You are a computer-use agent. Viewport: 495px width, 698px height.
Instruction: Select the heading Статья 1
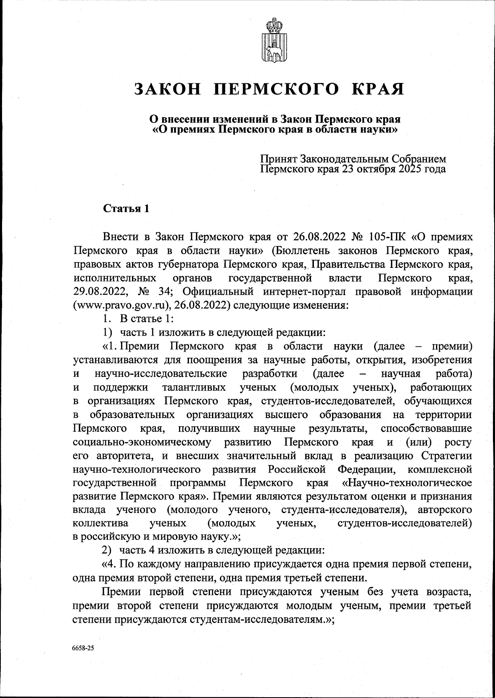tap(126, 208)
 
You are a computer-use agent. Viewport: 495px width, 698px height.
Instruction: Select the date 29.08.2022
tap(98, 292)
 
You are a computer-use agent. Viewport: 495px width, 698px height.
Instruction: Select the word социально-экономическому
tap(142, 442)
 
